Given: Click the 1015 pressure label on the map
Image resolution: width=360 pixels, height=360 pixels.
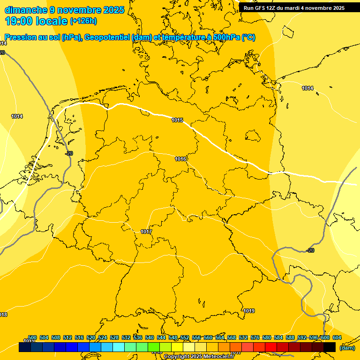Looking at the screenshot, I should (x=177, y=120).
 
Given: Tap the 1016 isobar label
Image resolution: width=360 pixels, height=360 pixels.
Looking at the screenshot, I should (x=180, y=159).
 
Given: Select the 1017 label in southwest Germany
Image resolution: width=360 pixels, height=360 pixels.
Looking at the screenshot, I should (x=146, y=232).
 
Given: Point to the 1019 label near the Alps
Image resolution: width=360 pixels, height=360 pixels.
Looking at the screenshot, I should (x=249, y=311).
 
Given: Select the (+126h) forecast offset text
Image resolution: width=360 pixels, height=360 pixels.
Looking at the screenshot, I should (x=83, y=21).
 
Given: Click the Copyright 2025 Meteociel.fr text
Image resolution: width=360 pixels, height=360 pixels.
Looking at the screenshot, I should (x=199, y=357).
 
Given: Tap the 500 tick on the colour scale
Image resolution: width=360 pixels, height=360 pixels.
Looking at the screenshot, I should (x=32, y=337).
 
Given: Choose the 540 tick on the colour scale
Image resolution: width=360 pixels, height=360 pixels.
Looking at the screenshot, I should (x=150, y=337).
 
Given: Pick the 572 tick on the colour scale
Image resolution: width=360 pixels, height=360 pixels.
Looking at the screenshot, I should (x=243, y=337).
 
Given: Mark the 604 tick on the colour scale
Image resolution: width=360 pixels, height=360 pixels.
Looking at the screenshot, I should (x=337, y=337).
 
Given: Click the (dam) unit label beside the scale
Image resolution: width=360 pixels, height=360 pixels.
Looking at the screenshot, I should (x=347, y=348).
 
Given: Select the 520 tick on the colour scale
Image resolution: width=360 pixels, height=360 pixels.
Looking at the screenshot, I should (x=91, y=337).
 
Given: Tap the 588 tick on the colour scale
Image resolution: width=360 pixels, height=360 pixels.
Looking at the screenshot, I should (x=290, y=337).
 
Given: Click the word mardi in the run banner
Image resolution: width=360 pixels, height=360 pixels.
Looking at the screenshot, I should (x=295, y=8).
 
